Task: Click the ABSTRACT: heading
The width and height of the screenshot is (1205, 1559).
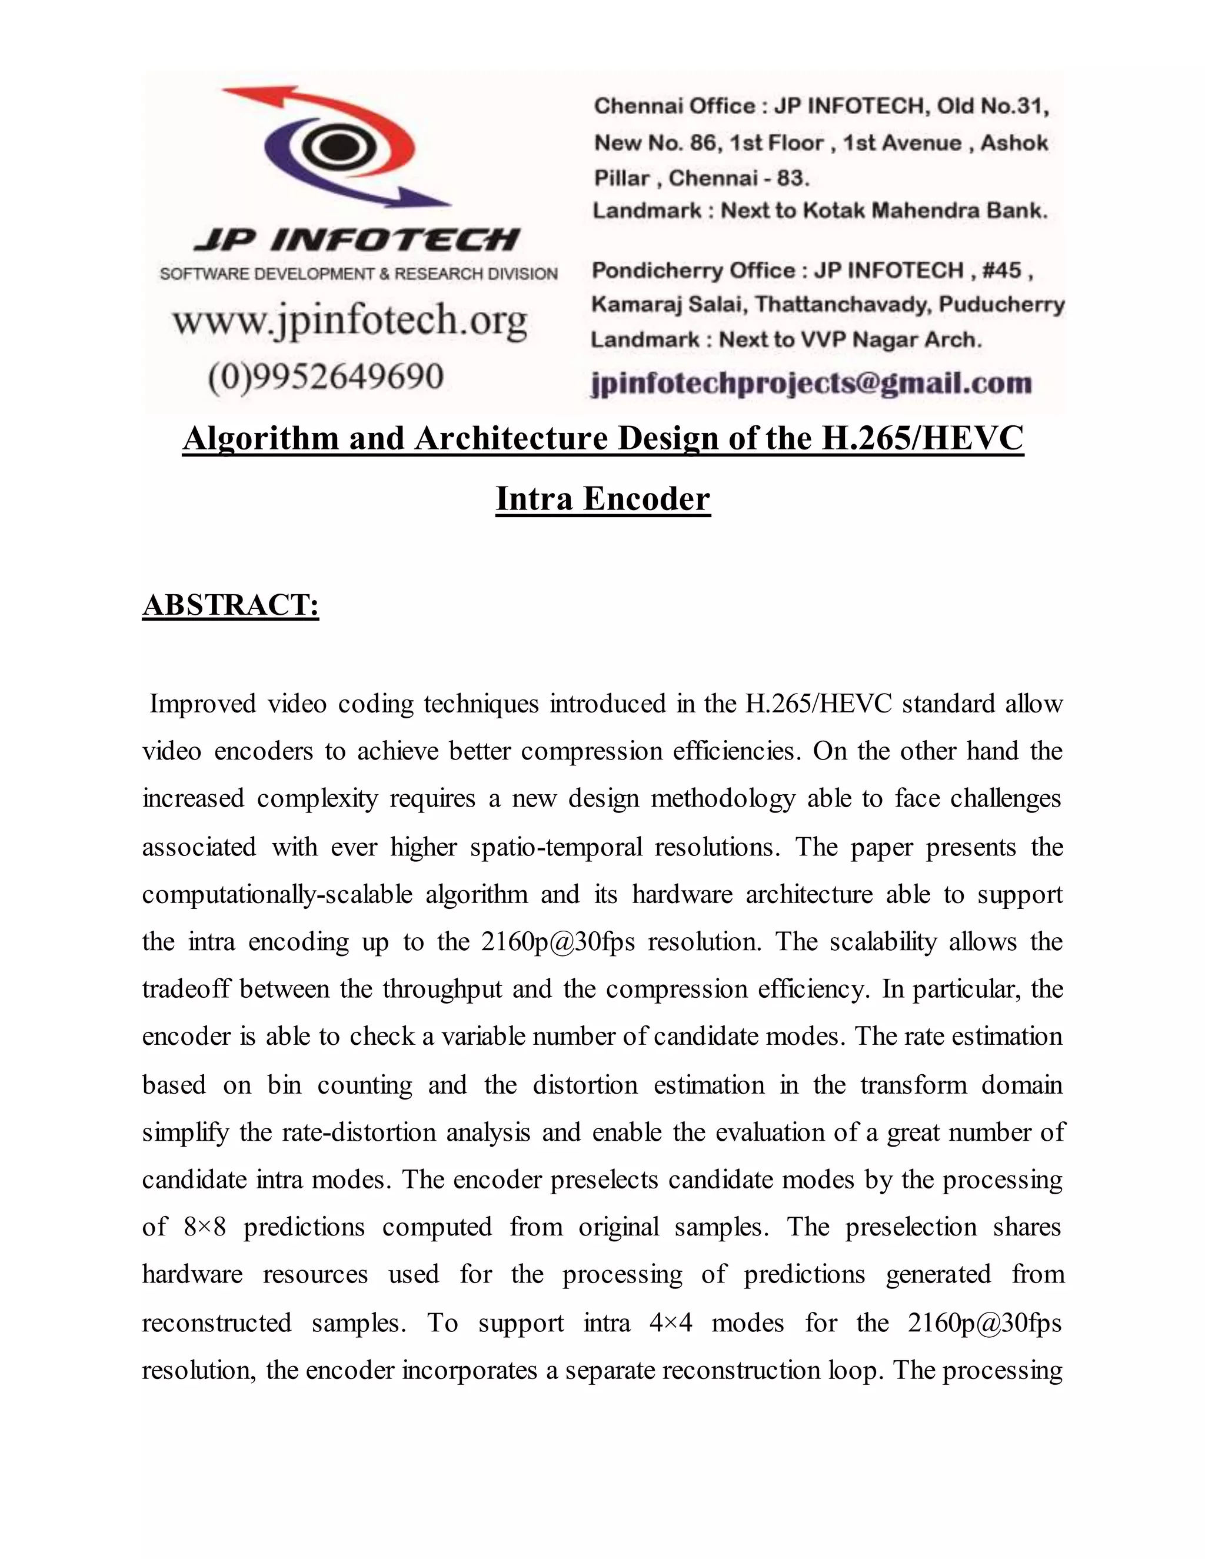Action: pyautogui.click(x=230, y=605)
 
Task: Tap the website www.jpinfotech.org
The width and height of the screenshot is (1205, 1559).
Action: pyautogui.click(x=350, y=322)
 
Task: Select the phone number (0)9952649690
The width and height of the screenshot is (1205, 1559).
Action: pyautogui.click(x=325, y=376)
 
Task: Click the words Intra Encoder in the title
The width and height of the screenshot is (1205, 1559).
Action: pyautogui.click(x=602, y=498)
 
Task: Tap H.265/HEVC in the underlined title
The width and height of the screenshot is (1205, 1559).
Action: pyautogui.click(x=923, y=438)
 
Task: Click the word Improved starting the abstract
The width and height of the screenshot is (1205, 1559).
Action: pyautogui.click(x=202, y=704)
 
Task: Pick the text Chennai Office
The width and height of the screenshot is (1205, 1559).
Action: pyautogui.click(x=674, y=106)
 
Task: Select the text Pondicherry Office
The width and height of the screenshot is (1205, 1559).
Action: pyautogui.click(x=693, y=271)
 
